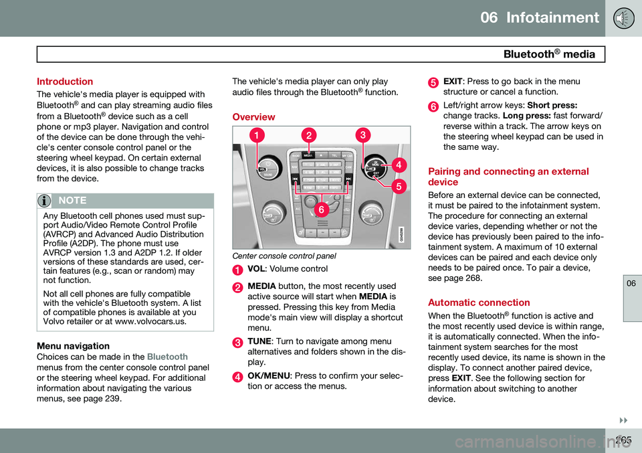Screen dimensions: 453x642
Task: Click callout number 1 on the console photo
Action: point(256,136)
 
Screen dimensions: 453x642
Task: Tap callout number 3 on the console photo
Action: point(362,135)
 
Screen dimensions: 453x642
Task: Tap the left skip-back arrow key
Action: point(294,179)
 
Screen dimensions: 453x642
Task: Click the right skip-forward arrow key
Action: point(348,179)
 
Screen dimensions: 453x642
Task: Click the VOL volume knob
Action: point(267,166)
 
